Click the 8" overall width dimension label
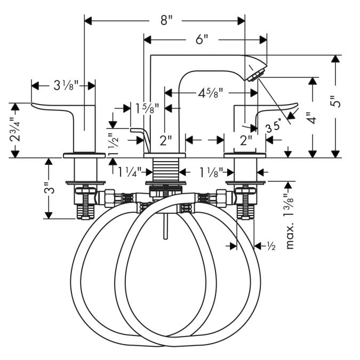point(167,21)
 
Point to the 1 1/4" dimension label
point(129,172)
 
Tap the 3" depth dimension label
point(49,189)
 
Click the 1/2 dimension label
point(270,246)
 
